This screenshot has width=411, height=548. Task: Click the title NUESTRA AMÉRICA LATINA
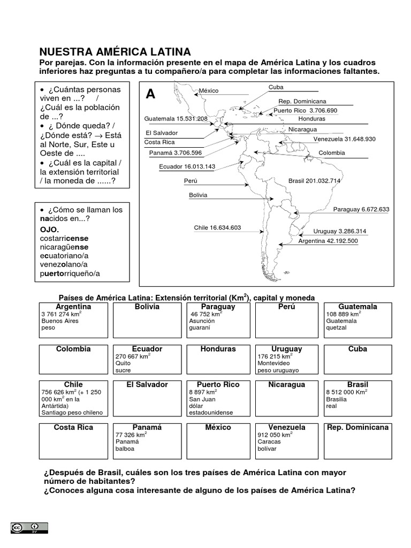(x=115, y=52)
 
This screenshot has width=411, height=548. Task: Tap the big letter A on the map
(x=150, y=95)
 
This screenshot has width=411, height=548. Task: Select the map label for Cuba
(x=276, y=87)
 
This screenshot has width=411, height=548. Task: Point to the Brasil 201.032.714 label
(x=314, y=181)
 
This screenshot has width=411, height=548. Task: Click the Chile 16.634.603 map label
(x=217, y=228)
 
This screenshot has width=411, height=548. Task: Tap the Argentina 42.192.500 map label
(x=328, y=241)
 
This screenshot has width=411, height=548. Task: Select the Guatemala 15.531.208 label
(x=176, y=119)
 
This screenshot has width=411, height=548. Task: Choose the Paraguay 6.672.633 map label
(x=361, y=209)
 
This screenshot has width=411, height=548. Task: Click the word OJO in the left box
(x=48, y=230)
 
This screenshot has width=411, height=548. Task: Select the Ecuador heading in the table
(x=147, y=349)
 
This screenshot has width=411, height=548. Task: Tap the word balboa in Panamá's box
(x=125, y=448)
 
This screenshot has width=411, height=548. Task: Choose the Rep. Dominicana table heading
(x=358, y=428)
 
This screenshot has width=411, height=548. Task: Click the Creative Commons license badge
(x=28, y=528)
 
